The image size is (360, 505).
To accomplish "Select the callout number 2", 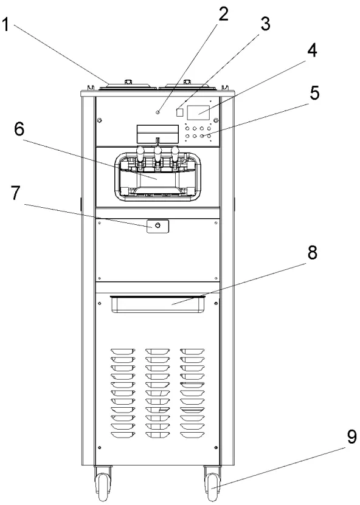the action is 223,13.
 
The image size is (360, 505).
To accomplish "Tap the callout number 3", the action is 265,24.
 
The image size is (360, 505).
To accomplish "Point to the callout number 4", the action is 312,50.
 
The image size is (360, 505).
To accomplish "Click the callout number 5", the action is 314,92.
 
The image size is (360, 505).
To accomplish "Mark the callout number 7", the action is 16,193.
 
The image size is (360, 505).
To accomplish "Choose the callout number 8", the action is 313,252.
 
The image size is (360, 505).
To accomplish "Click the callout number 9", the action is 351,437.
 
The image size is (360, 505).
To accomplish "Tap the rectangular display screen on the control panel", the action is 198,112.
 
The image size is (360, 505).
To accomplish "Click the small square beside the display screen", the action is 180,112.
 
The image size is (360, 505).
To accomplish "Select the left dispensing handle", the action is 141,154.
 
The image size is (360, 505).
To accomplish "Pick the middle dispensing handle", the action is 157,154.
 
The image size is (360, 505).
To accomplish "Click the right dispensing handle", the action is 175,154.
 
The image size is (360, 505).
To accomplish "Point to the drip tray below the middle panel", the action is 158,304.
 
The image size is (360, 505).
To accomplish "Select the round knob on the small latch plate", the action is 157,225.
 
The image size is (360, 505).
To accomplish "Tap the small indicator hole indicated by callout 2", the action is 157,112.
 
